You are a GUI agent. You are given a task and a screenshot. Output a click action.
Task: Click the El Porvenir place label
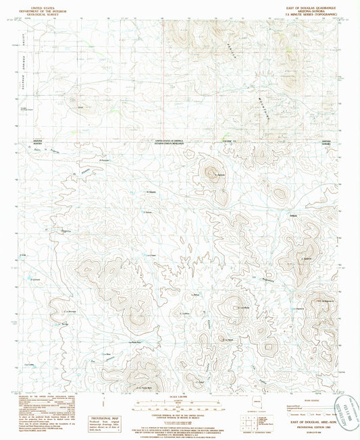click(103, 160)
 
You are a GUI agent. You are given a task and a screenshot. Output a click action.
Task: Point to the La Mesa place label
click(184, 313)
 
